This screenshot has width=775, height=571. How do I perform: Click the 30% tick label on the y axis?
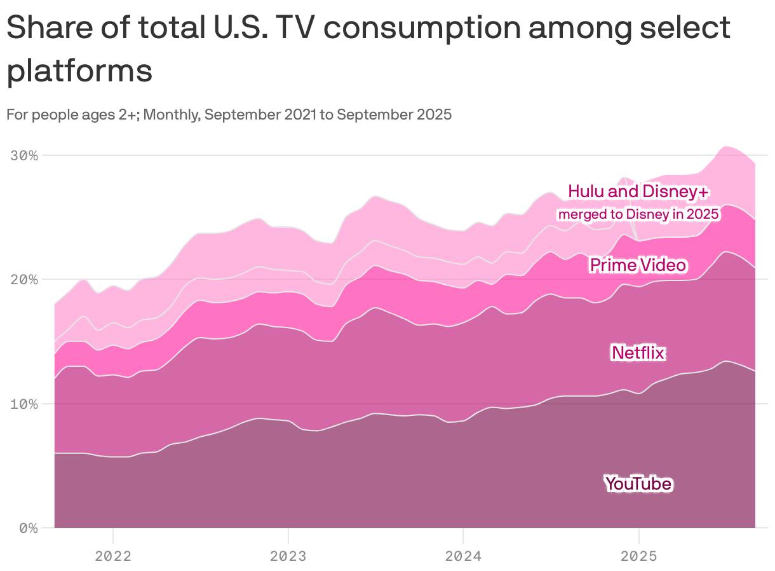25,156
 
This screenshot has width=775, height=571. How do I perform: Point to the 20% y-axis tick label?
25,280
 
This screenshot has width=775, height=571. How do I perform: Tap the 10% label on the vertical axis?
25,404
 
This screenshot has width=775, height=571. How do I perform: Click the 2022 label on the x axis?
112,556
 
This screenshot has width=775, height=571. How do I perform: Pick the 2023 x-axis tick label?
288,556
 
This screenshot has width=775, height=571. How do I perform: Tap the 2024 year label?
463,556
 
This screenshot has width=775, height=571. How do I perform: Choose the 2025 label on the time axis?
638,556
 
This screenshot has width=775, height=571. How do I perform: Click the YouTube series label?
638,484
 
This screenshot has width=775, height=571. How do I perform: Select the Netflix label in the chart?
638,352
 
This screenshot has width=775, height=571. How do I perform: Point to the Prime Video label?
638,265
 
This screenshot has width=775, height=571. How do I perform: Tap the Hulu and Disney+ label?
638,191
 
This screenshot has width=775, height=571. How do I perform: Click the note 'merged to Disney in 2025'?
638,214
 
